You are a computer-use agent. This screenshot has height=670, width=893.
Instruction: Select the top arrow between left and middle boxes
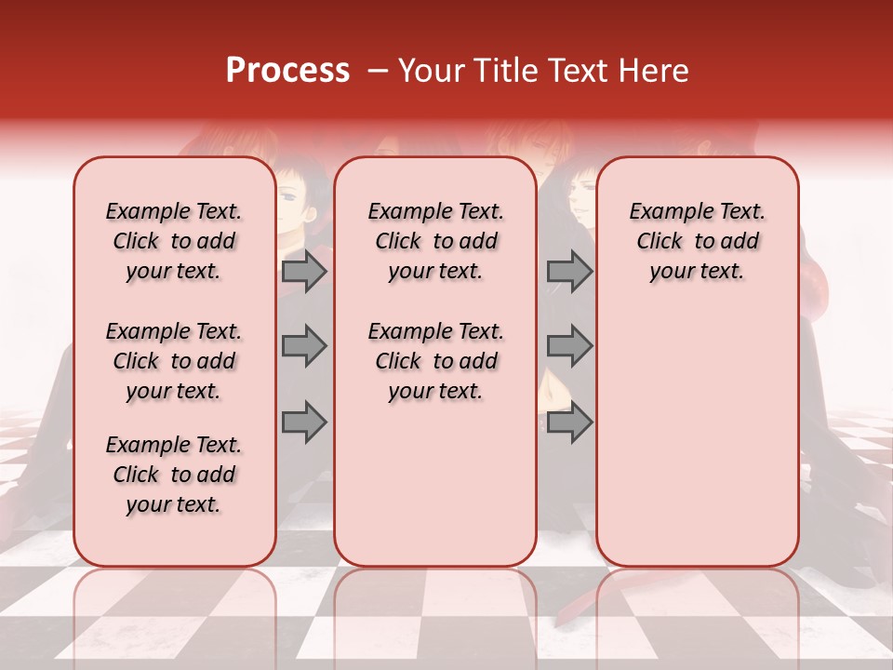point(303,271)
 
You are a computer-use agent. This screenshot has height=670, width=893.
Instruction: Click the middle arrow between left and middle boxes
point(303,346)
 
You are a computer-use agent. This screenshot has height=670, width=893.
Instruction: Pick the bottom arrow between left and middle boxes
point(303,422)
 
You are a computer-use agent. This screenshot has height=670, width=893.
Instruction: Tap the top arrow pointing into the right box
point(569,271)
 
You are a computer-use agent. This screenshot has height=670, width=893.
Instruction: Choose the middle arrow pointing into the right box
point(569,346)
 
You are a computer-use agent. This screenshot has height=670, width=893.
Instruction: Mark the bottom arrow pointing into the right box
point(569,422)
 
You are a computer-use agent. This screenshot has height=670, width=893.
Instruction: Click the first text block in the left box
point(174,241)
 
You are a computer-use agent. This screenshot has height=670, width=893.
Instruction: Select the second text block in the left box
point(174,361)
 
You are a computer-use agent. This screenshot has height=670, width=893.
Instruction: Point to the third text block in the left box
point(174,475)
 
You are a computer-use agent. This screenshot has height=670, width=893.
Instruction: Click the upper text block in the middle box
point(435,241)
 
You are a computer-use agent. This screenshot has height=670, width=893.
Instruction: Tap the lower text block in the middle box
point(435,361)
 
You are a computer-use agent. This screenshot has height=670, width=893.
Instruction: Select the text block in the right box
point(697,241)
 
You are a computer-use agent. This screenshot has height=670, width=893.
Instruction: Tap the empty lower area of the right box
point(697,437)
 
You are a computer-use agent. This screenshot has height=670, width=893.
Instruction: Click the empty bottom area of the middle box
point(435,493)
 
